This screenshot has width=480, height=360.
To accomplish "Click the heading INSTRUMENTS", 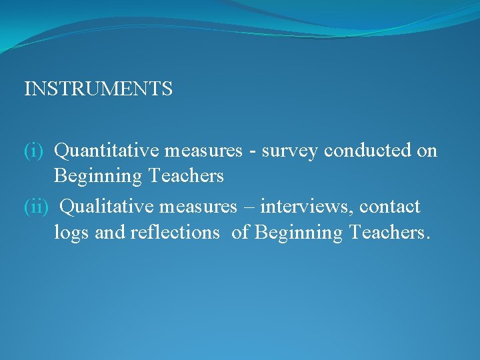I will (x=98, y=89).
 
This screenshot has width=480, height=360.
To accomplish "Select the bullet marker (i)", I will (x=34, y=151).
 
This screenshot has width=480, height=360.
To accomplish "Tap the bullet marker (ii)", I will (x=37, y=207).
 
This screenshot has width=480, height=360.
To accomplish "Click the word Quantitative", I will (x=107, y=151).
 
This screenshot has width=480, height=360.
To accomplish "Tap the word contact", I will (x=390, y=207).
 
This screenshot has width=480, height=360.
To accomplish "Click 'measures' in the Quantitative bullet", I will (x=203, y=151).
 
